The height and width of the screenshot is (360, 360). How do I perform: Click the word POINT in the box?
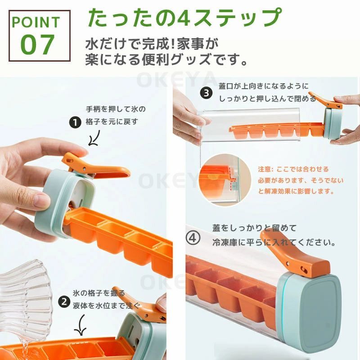[x=36, y=22]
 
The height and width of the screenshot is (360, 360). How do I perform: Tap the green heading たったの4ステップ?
[x=184, y=18]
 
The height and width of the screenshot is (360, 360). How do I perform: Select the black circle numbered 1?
[x=75, y=122]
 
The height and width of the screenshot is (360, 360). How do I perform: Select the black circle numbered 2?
[x=64, y=301]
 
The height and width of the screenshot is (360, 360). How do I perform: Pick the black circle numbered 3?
[x=206, y=93]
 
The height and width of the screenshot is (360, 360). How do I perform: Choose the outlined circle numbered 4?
[x=193, y=238]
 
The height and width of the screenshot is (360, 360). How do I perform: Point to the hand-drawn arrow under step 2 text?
[x=81, y=325]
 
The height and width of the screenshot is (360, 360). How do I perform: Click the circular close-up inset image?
[x=225, y=180]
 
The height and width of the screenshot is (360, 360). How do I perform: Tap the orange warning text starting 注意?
[x=301, y=180]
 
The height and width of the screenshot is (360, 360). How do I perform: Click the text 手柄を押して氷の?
[x=116, y=109]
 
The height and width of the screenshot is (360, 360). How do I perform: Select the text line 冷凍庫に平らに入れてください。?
[x=274, y=242]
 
